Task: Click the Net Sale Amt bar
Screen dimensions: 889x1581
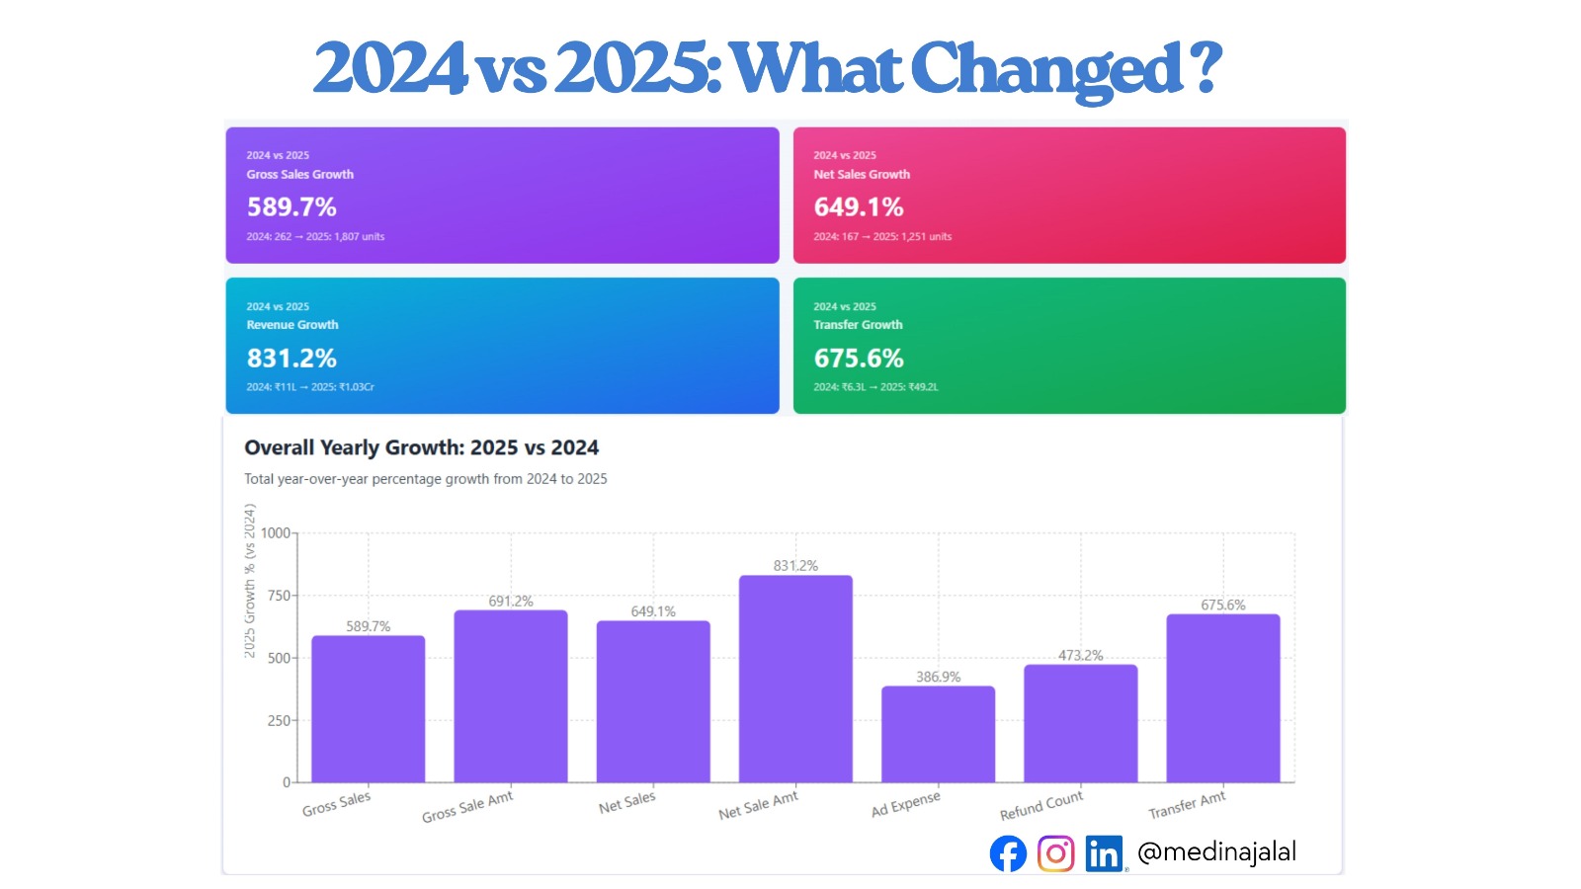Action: coord(795,679)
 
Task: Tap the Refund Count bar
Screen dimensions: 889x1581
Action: coord(1080,723)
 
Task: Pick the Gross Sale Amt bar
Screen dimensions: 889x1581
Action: coord(511,696)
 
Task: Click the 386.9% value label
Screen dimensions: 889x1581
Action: coord(938,677)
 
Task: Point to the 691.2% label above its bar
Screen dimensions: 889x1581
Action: coord(511,601)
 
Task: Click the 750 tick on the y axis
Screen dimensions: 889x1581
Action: coord(279,596)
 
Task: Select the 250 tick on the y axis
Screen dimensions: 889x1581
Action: coord(279,720)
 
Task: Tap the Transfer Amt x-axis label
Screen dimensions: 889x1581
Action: coord(1187,805)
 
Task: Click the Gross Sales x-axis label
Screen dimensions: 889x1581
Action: coord(337,803)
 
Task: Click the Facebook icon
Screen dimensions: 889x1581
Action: coord(1008,853)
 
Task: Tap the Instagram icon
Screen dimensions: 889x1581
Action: coord(1055,853)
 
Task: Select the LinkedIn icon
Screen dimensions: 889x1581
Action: coord(1104,853)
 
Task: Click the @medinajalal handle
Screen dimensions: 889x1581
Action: coord(1216,851)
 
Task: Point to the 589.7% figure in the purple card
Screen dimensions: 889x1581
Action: coord(291,207)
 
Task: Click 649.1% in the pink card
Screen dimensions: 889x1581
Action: coord(859,207)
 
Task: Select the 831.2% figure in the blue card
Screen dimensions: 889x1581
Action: coord(291,359)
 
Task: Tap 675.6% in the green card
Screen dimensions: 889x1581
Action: coord(859,359)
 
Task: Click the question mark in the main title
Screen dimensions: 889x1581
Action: coord(1207,67)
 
